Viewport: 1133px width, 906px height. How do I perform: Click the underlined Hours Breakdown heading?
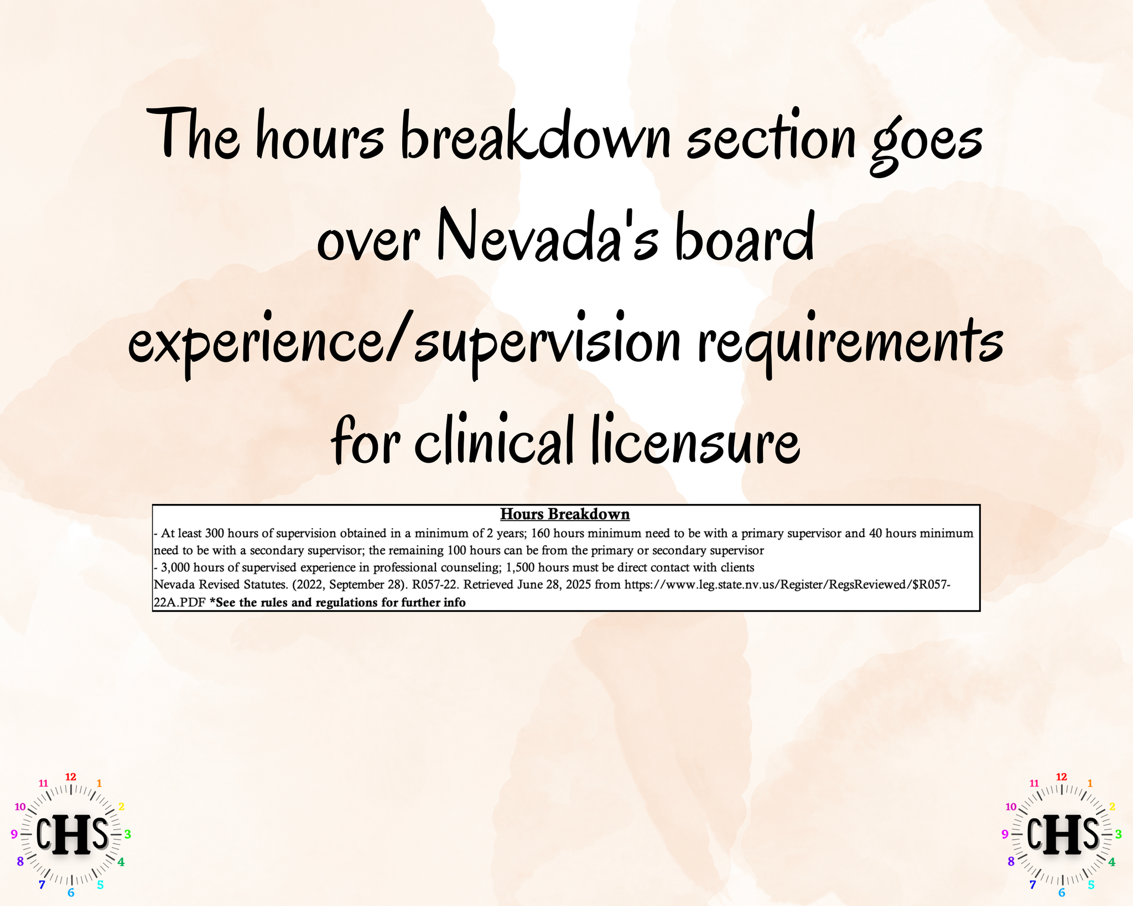tap(565, 514)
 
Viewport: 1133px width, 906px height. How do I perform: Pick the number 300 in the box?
tap(215, 534)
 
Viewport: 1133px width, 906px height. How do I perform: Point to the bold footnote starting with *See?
tap(337, 602)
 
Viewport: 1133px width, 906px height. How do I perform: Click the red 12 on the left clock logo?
tap(71, 777)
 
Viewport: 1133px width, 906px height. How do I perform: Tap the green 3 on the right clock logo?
tap(1118, 834)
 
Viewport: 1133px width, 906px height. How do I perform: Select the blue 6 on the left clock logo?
tap(71, 893)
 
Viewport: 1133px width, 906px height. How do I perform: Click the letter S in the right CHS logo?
tap(1090, 833)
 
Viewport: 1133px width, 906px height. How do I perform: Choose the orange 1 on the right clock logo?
tap(1090, 783)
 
